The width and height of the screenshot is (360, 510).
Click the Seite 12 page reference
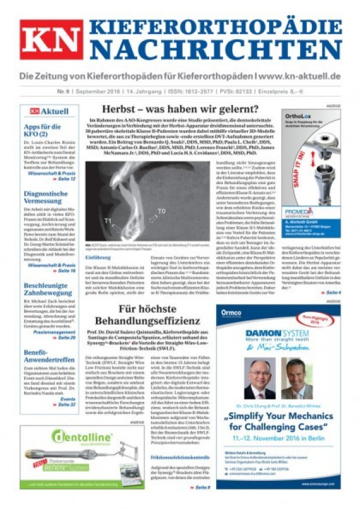(x=66, y=179)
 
